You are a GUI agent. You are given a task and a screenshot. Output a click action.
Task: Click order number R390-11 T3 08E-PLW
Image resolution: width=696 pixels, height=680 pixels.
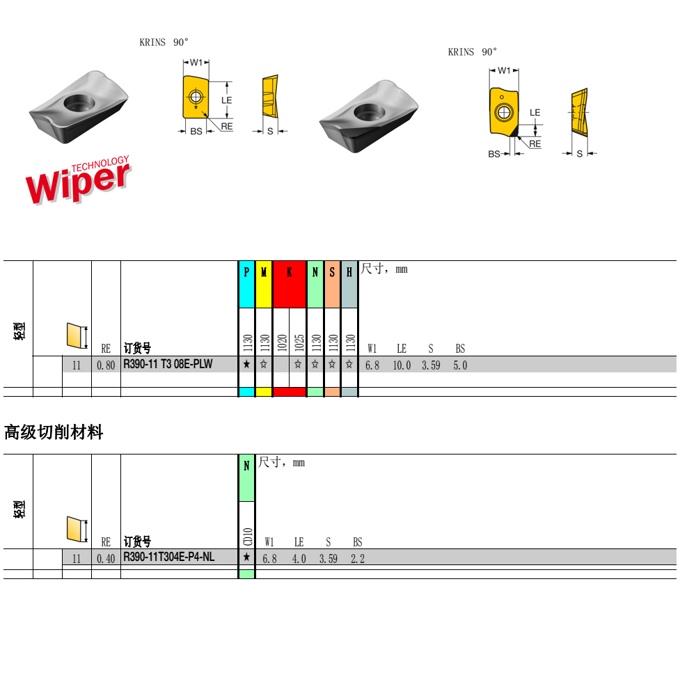168,364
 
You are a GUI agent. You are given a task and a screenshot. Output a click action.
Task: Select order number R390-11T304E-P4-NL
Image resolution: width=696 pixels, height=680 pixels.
169,557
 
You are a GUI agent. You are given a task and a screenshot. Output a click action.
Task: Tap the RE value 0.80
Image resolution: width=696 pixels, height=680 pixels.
106,365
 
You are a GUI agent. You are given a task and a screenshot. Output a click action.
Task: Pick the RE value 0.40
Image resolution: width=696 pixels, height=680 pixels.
106,558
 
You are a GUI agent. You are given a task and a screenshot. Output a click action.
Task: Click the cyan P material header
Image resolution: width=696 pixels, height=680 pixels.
246,273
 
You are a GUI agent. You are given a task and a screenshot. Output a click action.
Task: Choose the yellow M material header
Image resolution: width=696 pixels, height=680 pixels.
264,273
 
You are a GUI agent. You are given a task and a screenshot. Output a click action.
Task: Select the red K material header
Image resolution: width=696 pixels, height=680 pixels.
290,273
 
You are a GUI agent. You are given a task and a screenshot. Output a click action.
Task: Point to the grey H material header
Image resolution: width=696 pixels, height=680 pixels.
349,273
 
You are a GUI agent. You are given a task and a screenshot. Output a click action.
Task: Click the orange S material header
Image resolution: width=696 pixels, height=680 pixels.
332,273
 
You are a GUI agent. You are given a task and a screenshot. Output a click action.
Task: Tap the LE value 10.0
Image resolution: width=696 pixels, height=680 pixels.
402,365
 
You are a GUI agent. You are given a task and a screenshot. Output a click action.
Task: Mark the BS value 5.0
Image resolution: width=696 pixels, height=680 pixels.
460,365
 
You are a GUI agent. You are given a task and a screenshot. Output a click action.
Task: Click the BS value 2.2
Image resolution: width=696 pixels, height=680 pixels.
357,558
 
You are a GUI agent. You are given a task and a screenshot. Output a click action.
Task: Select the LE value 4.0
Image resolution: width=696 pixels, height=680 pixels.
299,558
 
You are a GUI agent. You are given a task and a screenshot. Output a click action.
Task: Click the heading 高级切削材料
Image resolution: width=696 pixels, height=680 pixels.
54,432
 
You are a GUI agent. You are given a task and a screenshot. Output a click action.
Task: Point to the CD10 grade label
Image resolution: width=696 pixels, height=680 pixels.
246,535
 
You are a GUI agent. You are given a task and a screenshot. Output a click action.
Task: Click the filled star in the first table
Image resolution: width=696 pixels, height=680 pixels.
246,364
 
